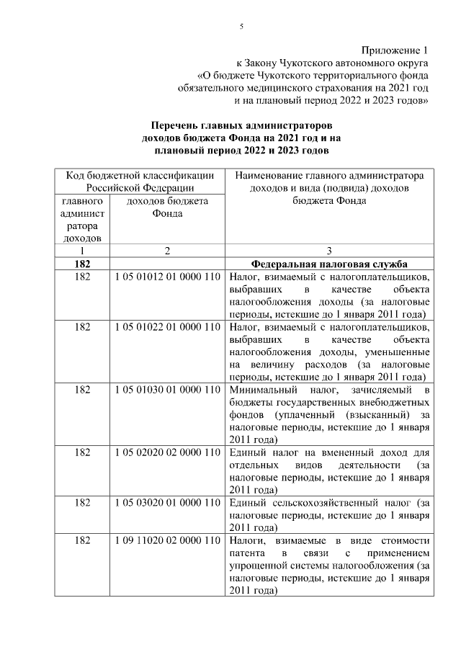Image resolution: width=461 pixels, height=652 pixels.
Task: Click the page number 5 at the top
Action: click(241, 27)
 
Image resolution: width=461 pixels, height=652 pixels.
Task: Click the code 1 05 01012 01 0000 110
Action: click(167, 277)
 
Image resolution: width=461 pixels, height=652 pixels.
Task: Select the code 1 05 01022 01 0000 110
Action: click(167, 327)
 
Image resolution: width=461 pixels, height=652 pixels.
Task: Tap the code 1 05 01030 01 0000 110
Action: click(167, 390)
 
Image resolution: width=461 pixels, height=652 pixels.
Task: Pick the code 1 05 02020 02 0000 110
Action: click(167, 452)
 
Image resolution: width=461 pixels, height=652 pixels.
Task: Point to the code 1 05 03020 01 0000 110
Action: click(167, 502)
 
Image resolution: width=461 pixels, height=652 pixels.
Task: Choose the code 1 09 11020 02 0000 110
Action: click(167, 540)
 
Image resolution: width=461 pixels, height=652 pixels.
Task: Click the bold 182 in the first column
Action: click(82, 264)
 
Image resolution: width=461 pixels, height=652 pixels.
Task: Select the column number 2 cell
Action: click(167, 251)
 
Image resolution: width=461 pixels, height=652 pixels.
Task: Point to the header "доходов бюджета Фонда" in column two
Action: click(167, 207)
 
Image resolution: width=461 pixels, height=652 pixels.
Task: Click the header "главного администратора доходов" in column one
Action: click(82, 219)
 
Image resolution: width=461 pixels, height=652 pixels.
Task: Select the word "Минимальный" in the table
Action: click(260, 390)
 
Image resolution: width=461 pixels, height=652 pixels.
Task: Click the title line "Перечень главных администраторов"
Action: click(241, 125)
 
